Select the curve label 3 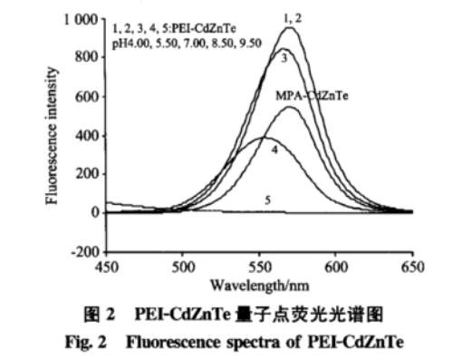click(284, 58)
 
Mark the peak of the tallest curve click(289, 28)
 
